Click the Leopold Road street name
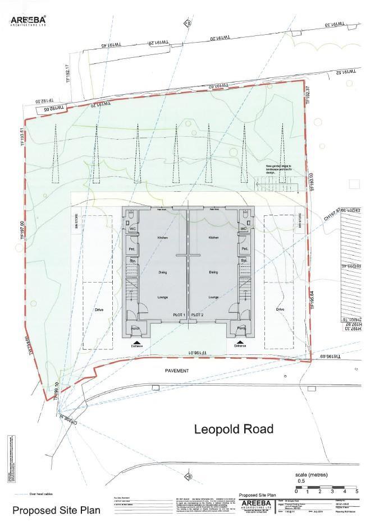pyautogui.click(x=234, y=429)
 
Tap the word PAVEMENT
pyautogui.click(x=177, y=371)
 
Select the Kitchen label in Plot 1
pyautogui.click(x=163, y=238)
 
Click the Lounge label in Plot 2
pyautogui.click(x=213, y=297)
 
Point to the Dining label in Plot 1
pyautogui.click(x=163, y=272)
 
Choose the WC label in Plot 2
pyautogui.click(x=243, y=229)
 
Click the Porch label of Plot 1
pyautogui.click(x=135, y=328)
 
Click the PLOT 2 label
pyautogui.click(x=197, y=316)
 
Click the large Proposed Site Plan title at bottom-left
pyautogui.click(x=56, y=511)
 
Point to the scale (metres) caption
pyautogui.click(x=313, y=473)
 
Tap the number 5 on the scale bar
pyautogui.click(x=356, y=491)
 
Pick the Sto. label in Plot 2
pyautogui.click(x=244, y=261)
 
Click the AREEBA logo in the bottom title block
pyautogui.click(x=255, y=504)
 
